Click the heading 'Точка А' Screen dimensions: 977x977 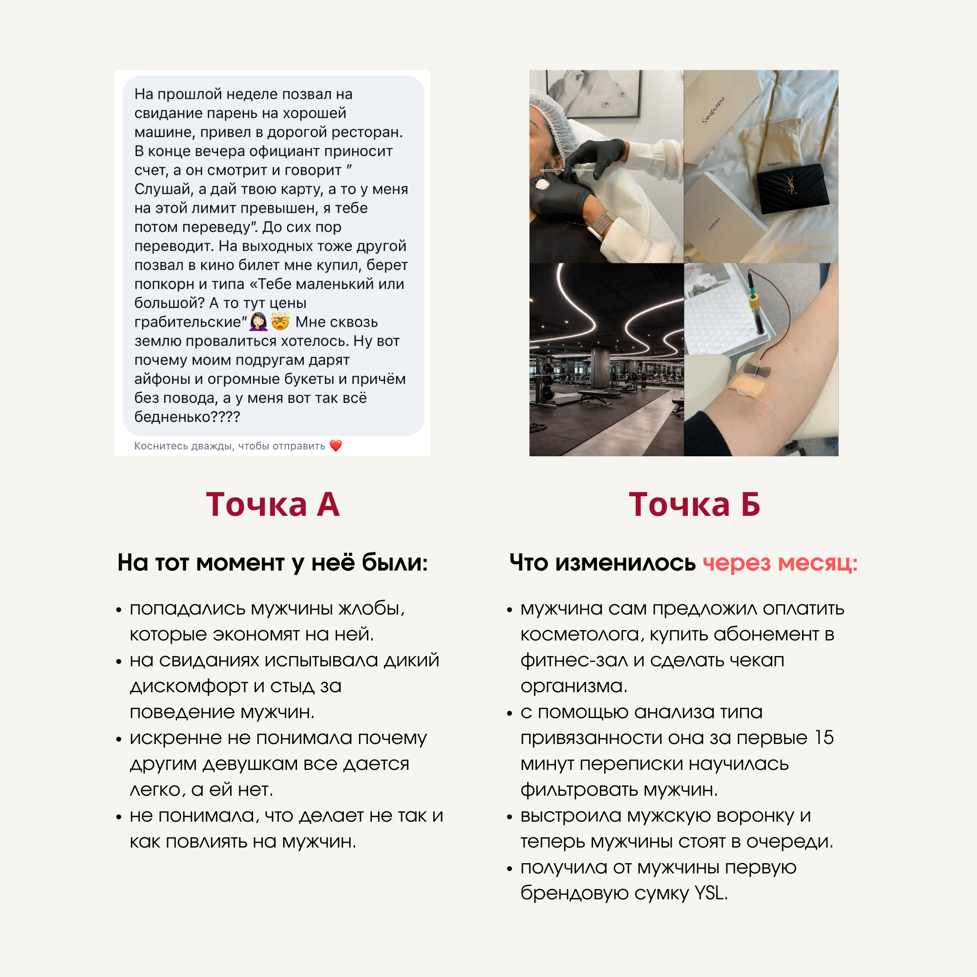[x=273, y=504]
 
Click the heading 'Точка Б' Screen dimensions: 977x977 [x=694, y=504]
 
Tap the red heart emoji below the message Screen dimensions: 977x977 [x=336, y=446]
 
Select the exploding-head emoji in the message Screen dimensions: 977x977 [x=280, y=321]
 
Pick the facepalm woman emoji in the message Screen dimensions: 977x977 [x=258, y=321]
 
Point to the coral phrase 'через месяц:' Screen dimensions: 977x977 [x=780, y=563]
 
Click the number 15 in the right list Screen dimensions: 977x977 [x=824, y=738]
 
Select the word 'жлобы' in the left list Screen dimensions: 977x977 [x=372, y=609]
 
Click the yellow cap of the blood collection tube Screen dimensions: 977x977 [x=755, y=302]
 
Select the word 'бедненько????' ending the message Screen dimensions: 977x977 [x=187, y=417]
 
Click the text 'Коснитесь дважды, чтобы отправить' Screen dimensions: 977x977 [x=230, y=446]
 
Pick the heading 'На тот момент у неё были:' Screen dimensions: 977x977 [x=273, y=563]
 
